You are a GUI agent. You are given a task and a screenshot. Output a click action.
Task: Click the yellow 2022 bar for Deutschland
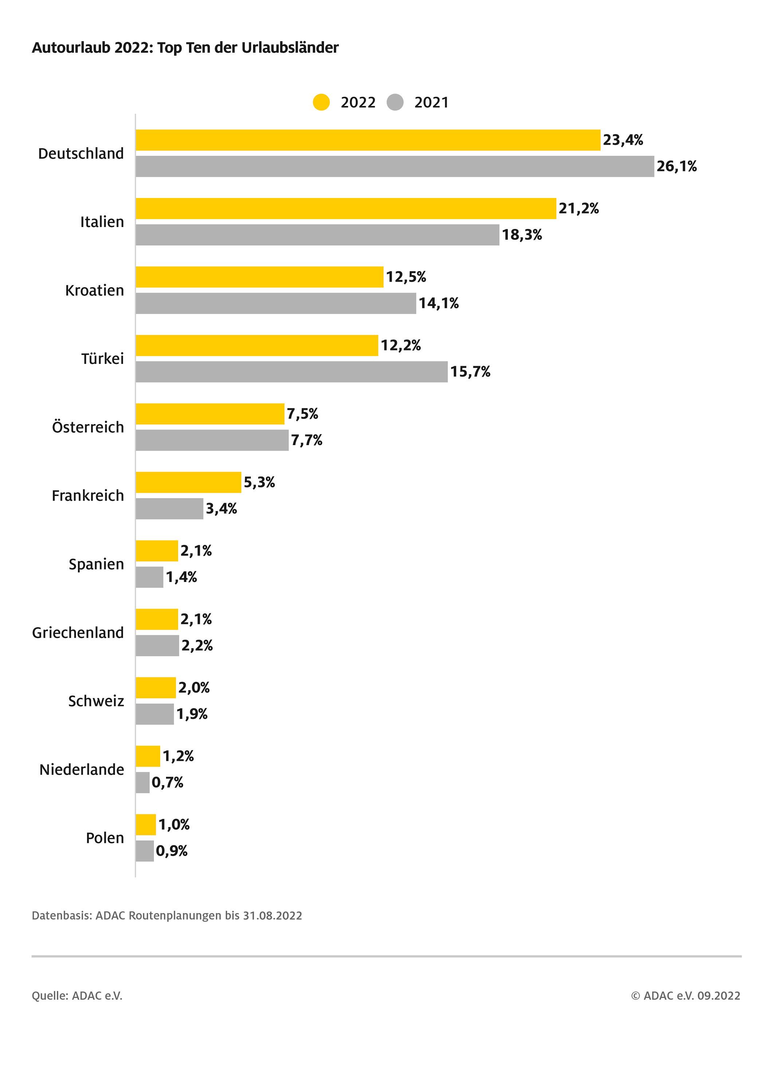pyautogui.click(x=368, y=140)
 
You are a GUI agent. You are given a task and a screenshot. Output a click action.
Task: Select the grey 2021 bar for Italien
pyautogui.click(x=317, y=235)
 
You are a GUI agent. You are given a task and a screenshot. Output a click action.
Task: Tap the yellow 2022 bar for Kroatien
pyautogui.click(x=259, y=277)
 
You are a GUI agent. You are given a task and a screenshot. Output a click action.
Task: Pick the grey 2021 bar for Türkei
pyautogui.click(x=291, y=372)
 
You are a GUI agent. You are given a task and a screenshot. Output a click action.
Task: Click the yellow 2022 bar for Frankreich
pyautogui.click(x=188, y=482)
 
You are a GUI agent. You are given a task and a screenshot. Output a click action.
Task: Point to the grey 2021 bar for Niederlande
pyautogui.click(x=142, y=783)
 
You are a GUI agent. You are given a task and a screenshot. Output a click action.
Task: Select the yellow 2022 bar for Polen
pyautogui.click(x=146, y=824)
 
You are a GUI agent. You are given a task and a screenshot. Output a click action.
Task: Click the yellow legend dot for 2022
pyautogui.click(x=321, y=102)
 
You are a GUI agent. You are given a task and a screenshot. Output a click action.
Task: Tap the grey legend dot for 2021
pyautogui.click(x=395, y=102)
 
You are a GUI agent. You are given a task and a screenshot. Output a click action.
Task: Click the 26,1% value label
pyautogui.click(x=676, y=166)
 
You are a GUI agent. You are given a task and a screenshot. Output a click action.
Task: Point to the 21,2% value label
pyautogui.click(x=578, y=208)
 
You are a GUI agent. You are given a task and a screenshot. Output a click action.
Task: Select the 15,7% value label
pyautogui.click(x=470, y=372)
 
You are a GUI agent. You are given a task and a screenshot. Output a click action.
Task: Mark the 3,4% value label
pyautogui.click(x=221, y=508)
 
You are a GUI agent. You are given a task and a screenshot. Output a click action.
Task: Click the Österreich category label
pyautogui.click(x=88, y=427)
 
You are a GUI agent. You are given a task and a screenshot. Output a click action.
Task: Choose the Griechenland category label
pyautogui.click(x=78, y=633)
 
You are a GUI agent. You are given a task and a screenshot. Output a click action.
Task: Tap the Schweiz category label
pyautogui.click(x=96, y=701)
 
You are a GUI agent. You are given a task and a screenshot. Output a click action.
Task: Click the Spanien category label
pyautogui.click(x=96, y=564)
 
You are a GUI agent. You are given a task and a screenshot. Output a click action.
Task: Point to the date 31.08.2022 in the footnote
pyautogui.click(x=272, y=915)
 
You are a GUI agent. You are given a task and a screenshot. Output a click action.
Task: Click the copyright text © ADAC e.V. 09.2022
pyautogui.click(x=686, y=995)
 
